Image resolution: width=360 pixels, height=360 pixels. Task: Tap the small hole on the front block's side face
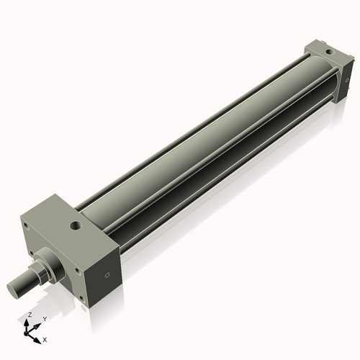pyautogui.click(x=108, y=274)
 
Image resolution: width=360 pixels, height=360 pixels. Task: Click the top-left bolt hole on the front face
pyautogui.click(x=27, y=225)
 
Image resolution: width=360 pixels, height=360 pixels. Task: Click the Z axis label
pyautogui.click(x=30, y=315)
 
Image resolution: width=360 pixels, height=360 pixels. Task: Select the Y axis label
pyautogui.click(x=44, y=318)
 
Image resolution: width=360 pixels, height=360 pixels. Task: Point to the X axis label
pyautogui.click(x=45, y=338)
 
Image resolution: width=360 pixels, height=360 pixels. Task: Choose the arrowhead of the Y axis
pyautogui.click(x=39, y=323)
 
